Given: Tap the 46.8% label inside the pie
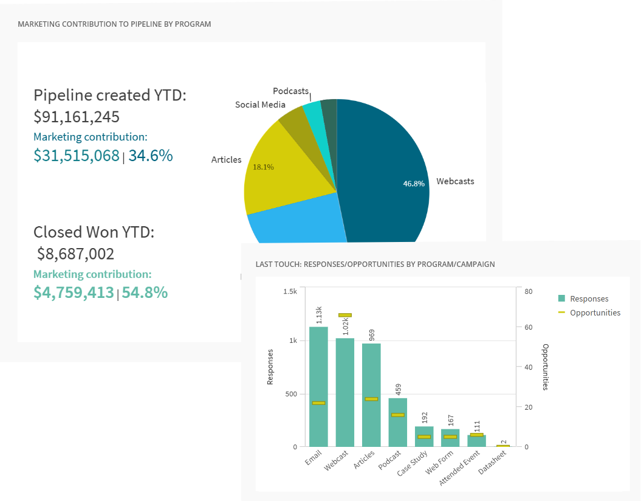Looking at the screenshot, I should (x=414, y=184).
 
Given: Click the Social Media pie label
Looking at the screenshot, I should (x=260, y=105).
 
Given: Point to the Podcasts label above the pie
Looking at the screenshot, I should (x=290, y=91).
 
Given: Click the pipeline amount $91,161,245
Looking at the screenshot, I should (x=77, y=117).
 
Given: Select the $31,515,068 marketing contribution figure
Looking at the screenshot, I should (x=77, y=156).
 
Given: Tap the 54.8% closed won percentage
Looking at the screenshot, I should (x=145, y=292).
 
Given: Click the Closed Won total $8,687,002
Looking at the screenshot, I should (x=75, y=254).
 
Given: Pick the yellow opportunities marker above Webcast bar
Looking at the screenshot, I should (x=345, y=315).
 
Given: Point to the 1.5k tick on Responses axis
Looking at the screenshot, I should (x=290, y=291).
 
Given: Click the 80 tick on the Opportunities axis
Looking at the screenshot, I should (x=528, y=291).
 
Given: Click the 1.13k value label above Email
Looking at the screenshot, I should (x=319, y=315).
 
